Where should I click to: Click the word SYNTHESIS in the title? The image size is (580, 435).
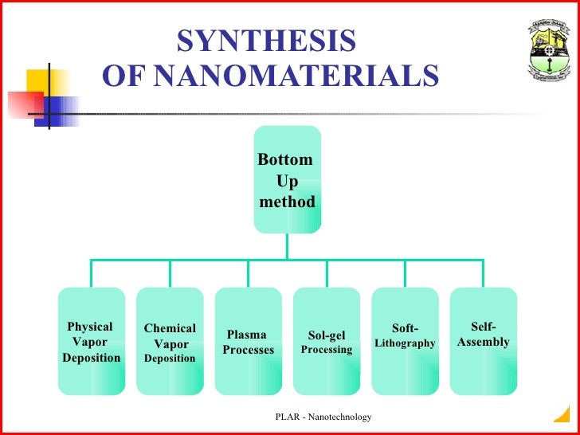[266, 41]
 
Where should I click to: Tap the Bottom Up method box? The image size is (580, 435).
[288, 179]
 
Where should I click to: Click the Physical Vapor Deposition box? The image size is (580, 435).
[92, 342]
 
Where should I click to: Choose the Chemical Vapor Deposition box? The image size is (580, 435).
[170, 342]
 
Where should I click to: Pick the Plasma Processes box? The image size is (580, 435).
[248, 342]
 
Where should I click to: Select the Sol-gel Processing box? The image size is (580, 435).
[327, 342]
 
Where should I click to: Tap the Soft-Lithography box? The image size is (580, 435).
[405, 342]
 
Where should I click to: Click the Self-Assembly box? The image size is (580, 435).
[483, 342]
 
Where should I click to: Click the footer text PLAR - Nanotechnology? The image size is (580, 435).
[323, 417]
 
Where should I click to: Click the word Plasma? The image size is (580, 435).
[247, 335]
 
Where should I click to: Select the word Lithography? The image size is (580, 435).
[405, 343]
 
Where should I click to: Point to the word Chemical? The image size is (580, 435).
[170, 328]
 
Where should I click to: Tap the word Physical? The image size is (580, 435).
[90, 327]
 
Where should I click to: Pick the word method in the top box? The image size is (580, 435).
[288, 202]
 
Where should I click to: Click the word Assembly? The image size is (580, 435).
[484, 342]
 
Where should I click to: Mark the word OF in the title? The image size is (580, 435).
[123, 76]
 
